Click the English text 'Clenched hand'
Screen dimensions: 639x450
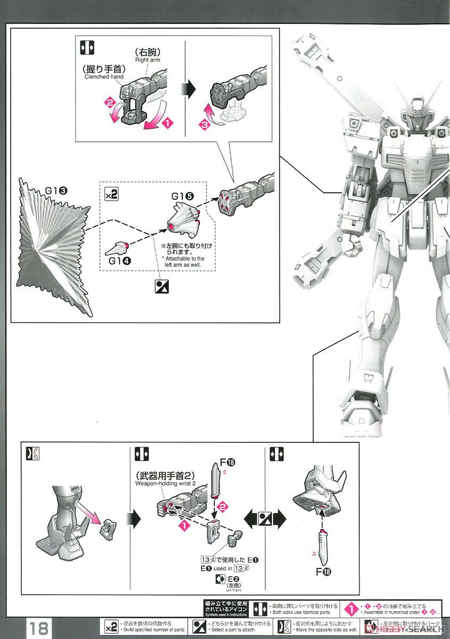[104, 77]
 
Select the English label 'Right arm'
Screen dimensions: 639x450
[148, 60]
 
